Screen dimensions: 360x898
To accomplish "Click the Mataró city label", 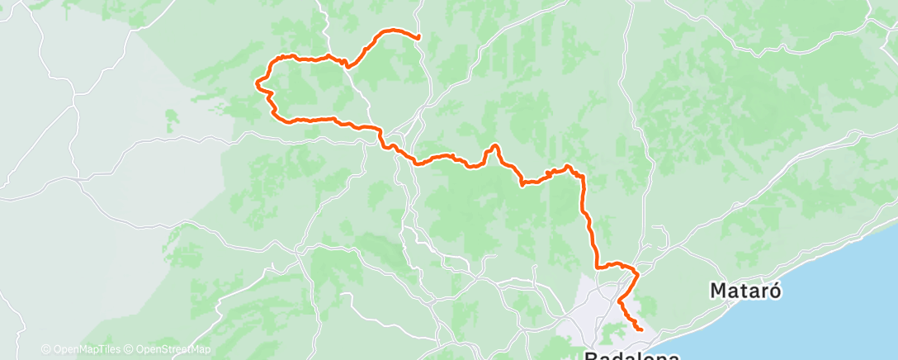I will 745,291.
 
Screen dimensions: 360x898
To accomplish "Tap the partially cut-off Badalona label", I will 632,356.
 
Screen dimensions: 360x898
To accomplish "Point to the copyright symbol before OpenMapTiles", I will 45,349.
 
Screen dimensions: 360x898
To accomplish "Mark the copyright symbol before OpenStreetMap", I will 130,349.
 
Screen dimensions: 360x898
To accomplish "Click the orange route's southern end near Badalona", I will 641,330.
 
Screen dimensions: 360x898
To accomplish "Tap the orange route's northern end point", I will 418,37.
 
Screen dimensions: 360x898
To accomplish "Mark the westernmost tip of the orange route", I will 256,83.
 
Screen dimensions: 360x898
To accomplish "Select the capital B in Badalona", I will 592,356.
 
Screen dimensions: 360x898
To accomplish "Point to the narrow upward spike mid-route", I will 494,146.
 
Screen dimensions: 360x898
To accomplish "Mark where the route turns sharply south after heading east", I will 583,177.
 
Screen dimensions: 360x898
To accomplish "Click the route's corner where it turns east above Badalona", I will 597,268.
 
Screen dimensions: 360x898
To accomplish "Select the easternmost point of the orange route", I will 641,330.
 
